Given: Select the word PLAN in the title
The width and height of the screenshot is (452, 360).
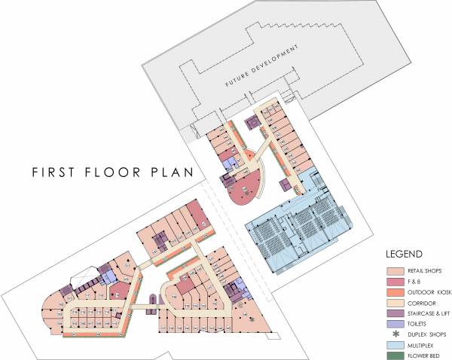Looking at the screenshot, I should click(170, 172).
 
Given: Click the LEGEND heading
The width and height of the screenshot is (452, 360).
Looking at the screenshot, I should click(404, 255).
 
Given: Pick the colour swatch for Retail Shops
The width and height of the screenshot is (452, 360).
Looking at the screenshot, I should click(395, 270).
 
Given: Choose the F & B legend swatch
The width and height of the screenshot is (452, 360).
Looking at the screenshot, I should click(395, 281).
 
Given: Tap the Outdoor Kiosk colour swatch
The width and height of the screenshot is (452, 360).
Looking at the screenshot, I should click(395, 291).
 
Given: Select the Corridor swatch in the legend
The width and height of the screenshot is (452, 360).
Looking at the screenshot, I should click(395, 302).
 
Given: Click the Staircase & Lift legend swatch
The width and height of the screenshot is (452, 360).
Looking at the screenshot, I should click(395, 313).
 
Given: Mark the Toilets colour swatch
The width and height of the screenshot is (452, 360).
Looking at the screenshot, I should click(395, 323).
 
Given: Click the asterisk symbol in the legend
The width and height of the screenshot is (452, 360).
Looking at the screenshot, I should click(395, 334).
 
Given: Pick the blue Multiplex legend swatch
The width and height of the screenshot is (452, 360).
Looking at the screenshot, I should click(395, 344).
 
